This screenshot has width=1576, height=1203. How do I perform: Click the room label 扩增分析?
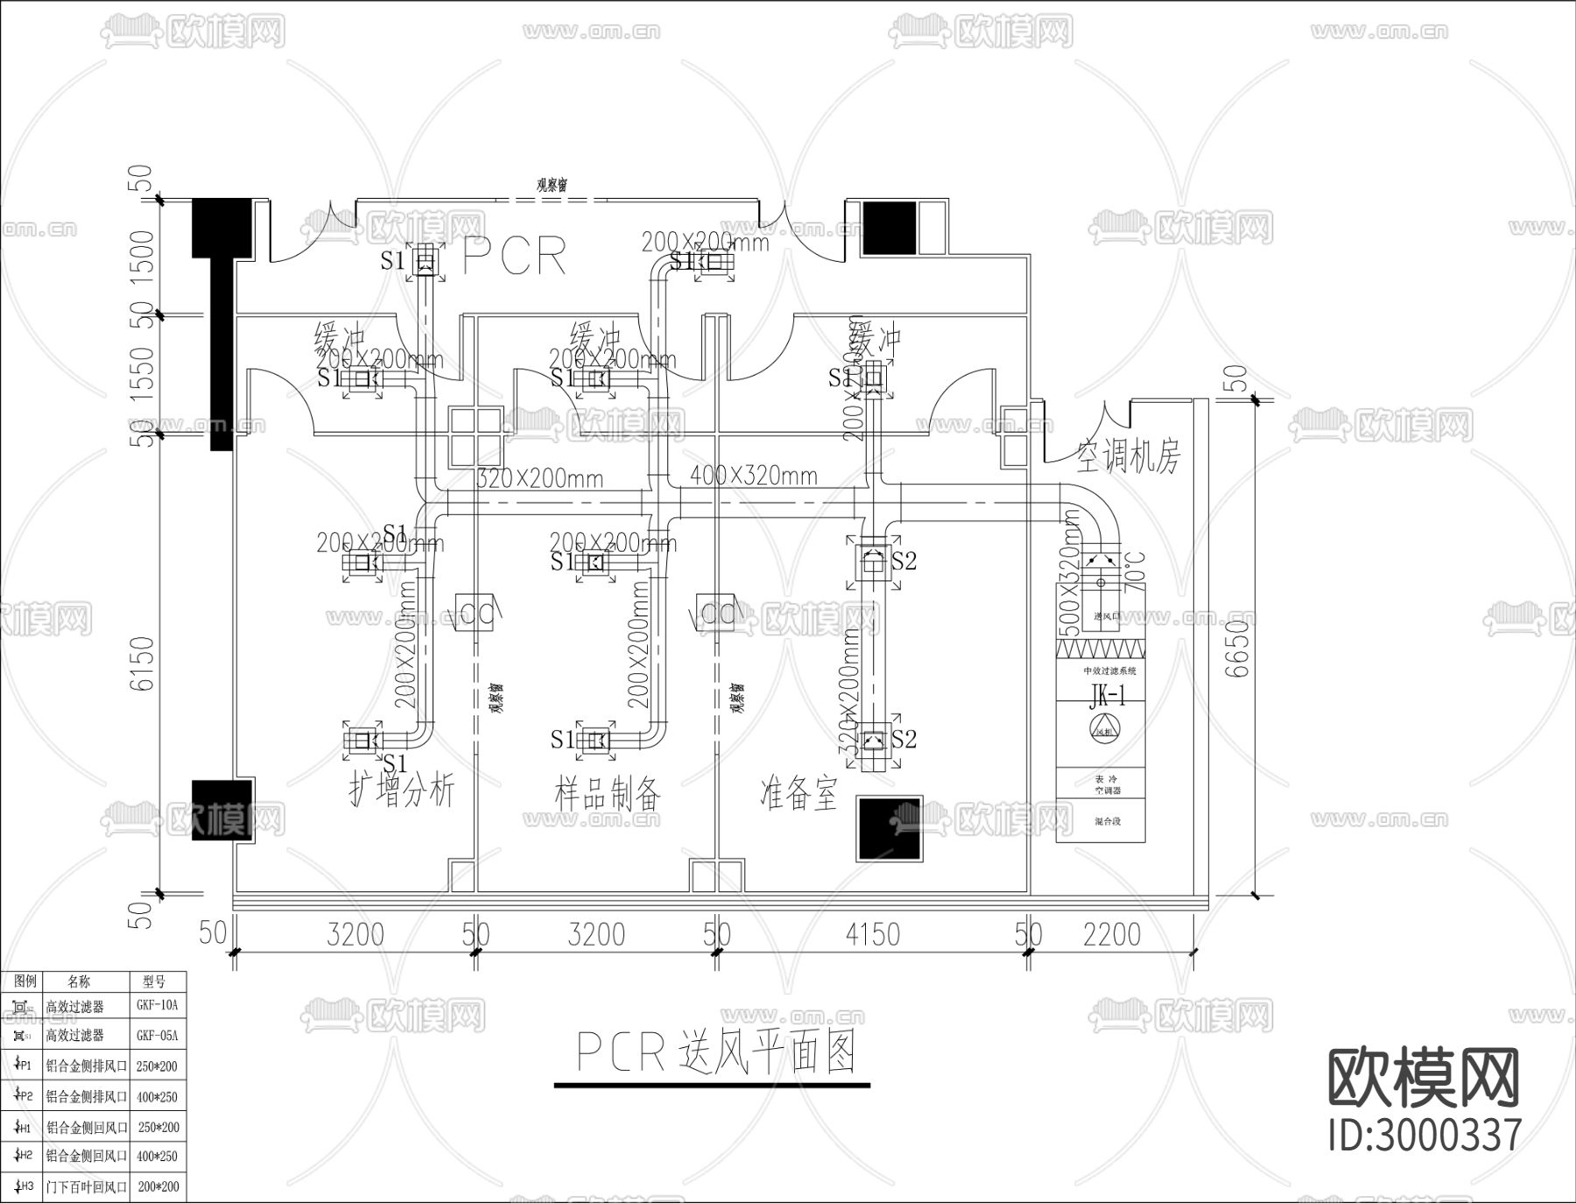click(402, 792)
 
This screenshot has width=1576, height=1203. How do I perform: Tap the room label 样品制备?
click(608, 794)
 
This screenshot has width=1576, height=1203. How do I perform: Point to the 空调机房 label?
click(1129, 457)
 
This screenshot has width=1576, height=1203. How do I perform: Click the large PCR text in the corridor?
click(515, 257)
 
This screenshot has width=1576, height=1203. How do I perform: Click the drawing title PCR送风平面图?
click(714, 1052)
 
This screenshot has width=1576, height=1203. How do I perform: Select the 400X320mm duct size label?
click(753, 476)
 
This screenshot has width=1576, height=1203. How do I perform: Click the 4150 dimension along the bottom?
click(872, 935)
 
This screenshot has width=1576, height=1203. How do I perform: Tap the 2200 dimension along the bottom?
click(1111, 935)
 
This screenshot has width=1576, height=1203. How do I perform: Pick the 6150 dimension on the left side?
click(143, 663)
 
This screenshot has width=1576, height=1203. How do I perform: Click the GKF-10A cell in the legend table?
click(158, 1006)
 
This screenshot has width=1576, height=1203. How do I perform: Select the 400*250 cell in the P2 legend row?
click(158, 1096)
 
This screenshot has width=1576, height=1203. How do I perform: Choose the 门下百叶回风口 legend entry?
click(87, 1187)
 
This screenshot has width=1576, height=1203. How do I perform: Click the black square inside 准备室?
click(889, 828)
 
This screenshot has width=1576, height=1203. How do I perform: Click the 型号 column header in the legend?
click(158, 981)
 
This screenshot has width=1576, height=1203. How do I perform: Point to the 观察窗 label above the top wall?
click(552, 186)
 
